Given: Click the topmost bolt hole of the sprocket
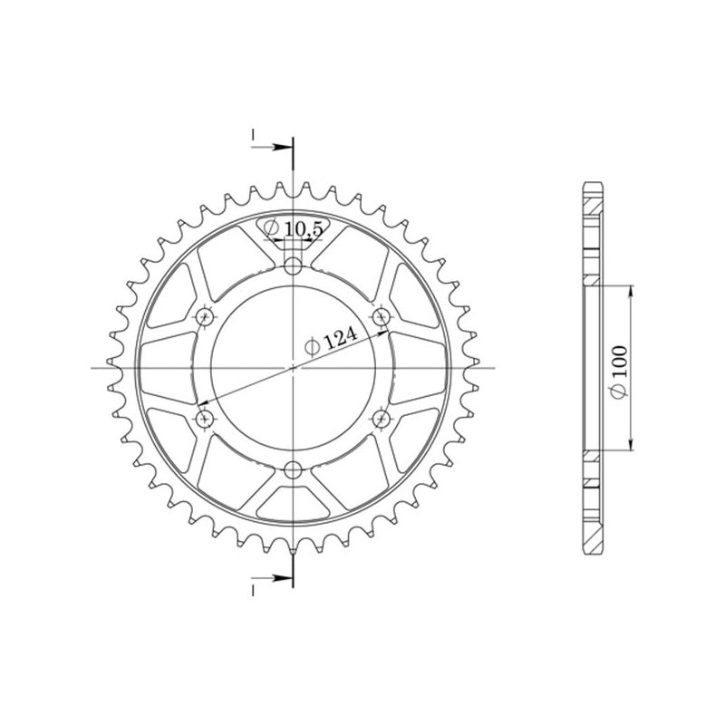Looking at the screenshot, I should click(293, 266).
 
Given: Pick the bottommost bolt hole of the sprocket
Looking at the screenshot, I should click(293, 469).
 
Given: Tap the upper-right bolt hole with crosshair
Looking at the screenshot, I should click(382, 315).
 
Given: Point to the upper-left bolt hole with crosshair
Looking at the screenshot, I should click(205, 316).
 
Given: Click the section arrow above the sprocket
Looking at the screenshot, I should click(280, 146).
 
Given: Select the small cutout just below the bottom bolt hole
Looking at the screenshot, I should click(293, 493).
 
